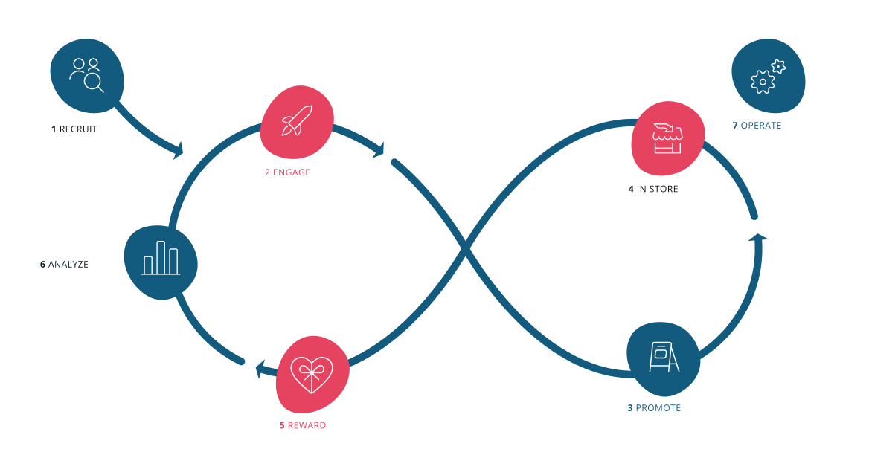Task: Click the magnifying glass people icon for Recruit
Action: [x=86, y=74]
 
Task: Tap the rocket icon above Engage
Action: [x=296, y=120]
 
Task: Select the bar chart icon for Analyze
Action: [x=161, y=258]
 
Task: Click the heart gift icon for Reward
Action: [x=312, y=374]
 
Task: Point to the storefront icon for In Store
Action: [x=667, y=139]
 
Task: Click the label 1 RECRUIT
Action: [x=74, y=129]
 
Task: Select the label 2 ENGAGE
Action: [x=287, y=172]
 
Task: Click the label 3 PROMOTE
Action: [x=654, y=408]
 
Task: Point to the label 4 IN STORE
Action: [x=653, y=190]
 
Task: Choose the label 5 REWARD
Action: [x=302, y=426]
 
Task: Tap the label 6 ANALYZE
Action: [x=64, y=265]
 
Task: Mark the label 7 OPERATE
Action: [x=757, y=126]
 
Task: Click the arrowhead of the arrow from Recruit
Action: [x=178, y=151]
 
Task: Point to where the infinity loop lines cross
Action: [x=466, y=251]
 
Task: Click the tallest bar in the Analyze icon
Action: [x=161, y=256]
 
